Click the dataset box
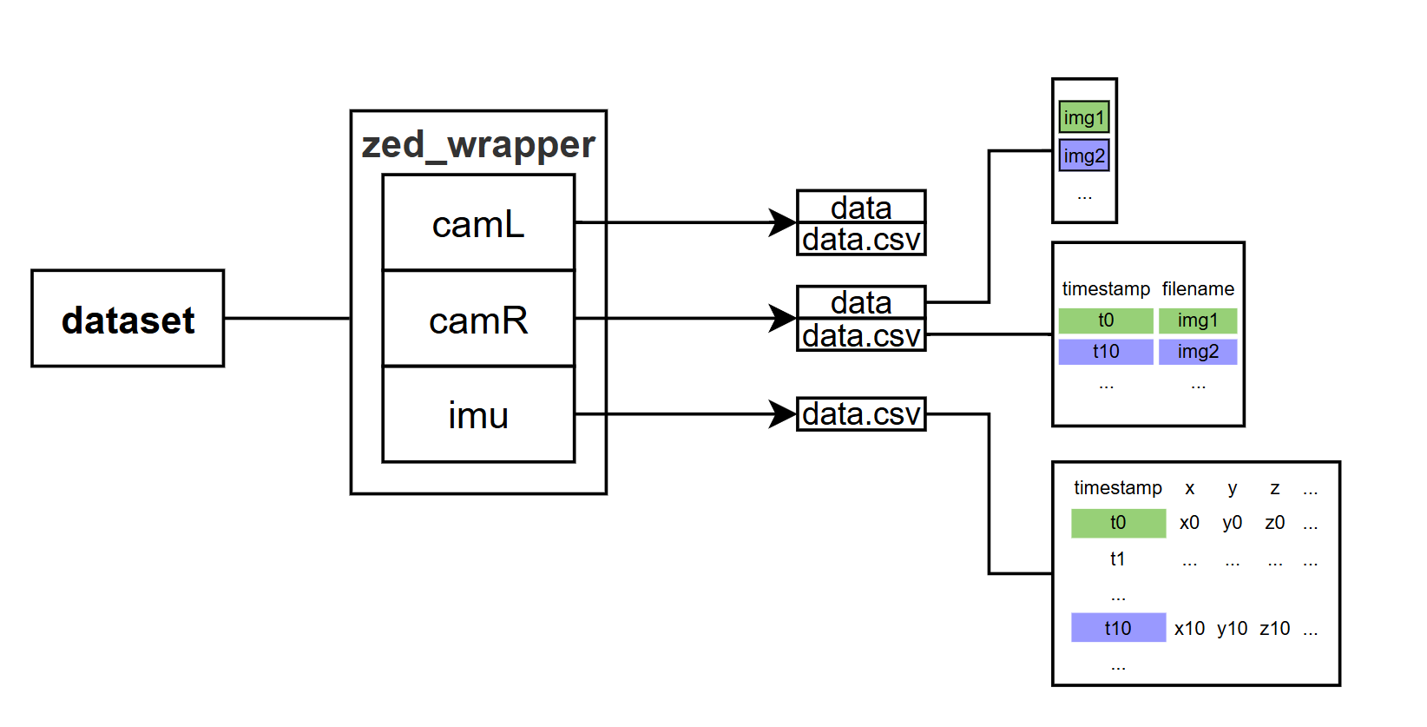point(128,319)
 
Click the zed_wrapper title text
point(478,144)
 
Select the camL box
point(478,223)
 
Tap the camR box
point(478,319)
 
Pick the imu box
point(478,414)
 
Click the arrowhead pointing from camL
point(783,222)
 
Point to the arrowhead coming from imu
point(783,413)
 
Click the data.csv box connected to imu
point(861,414)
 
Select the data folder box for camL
point(861,207)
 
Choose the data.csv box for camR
point(861,335)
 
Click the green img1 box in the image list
point(1084,117)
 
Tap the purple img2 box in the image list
point(1084,155)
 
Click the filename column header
point(1198,288)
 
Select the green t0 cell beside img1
point(1106,321)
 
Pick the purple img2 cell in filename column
point(1198,352)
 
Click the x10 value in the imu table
point(1189,628)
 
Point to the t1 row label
point(1118,558)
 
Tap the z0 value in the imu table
point(1274,523)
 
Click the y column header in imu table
point(1232,488)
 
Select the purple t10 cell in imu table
point(1118,628)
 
